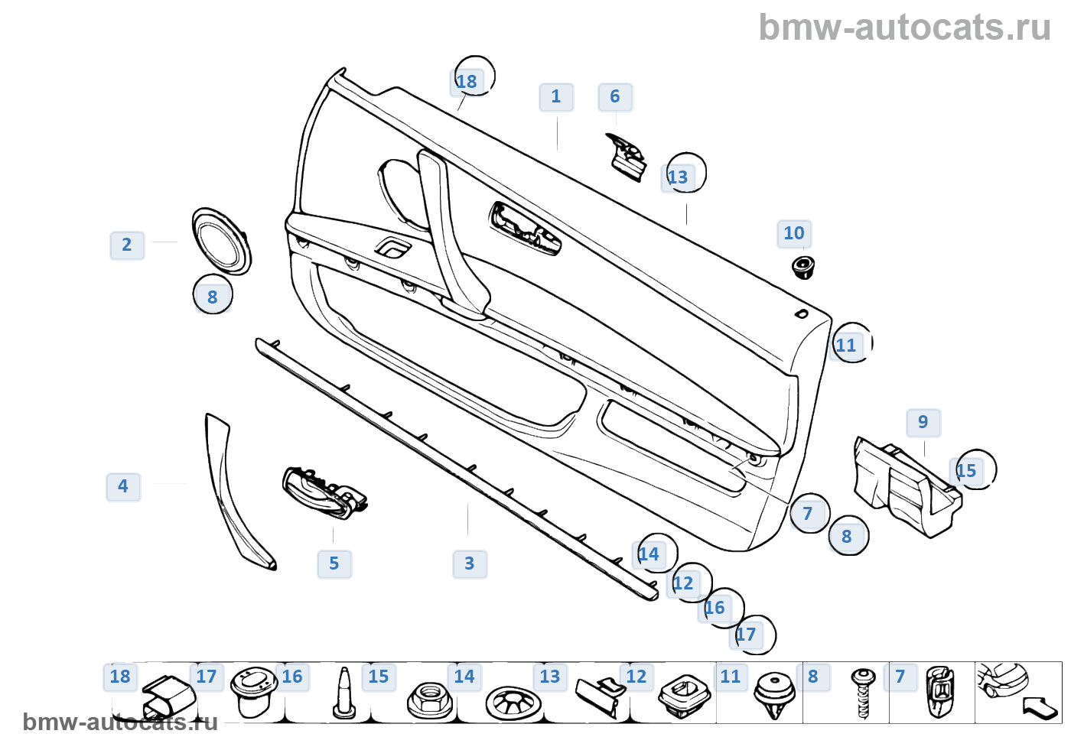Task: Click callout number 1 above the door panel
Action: coord(556,97)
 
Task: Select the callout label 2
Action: coord(127,245)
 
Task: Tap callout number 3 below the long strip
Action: coord(470,564)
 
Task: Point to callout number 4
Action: coord(123,486)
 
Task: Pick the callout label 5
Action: coord(334,564)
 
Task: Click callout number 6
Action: coord(615,97)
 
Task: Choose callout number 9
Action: coord(923,423)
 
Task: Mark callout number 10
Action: coord(794,234)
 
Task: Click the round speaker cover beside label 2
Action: coord(221,241)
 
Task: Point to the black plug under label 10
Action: coord(802,267)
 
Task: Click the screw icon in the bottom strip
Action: coord(864,693)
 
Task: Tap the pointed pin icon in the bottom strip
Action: coord(343,694)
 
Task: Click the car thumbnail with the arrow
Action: coord(1017,691)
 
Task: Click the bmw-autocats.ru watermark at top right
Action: coord(904,28)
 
